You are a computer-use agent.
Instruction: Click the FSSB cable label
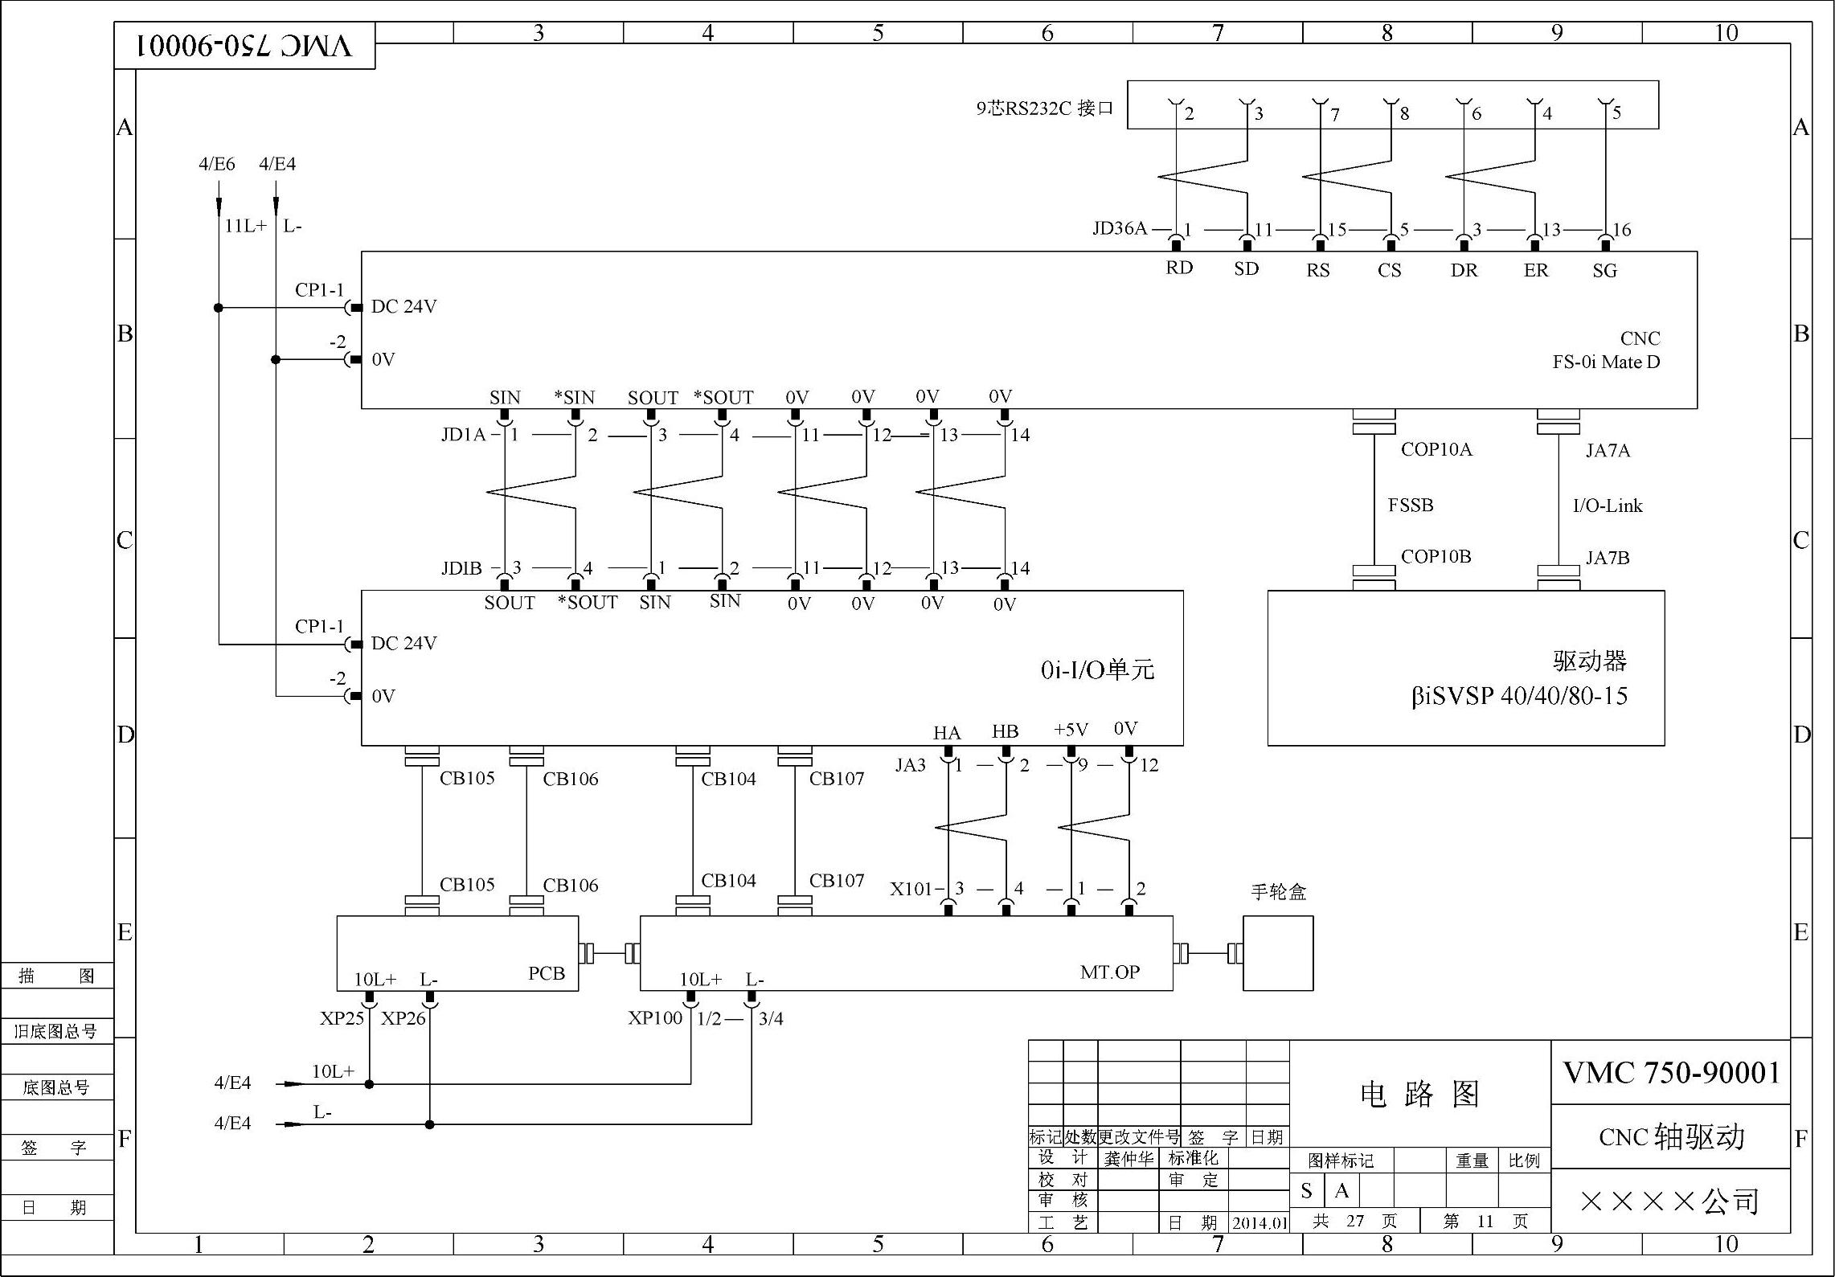click(1411, 505)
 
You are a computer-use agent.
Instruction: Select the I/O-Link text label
click(1608, 505)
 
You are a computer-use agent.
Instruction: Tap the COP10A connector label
click(1436, 449)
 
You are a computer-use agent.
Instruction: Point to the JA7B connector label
click(1608, 558)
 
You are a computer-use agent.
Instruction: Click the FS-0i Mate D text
click(1606, 362)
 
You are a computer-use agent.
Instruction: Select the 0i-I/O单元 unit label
click(1097, 669)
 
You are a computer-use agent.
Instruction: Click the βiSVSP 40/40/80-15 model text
click(1519, 696)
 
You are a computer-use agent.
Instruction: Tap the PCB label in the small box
click(547, 973)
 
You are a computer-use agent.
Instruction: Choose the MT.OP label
click(1110, 972)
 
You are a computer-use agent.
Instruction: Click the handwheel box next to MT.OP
click(1278, 953)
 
